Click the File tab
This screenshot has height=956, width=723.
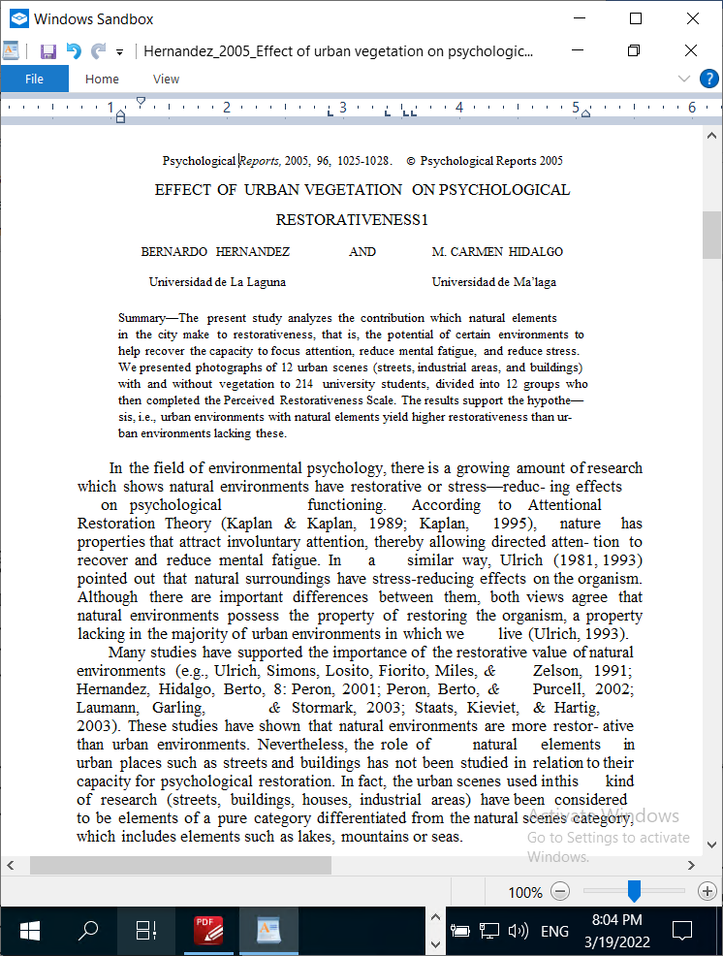click(34, 80)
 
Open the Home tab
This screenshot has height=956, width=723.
click(102, 80)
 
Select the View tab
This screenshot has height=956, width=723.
click(166, 80)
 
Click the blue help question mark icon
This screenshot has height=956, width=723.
click(708, 79)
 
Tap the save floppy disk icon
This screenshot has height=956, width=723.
click(47, 51)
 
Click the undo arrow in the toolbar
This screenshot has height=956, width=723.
click(73, 51)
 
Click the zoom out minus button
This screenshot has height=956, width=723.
click(560, 891)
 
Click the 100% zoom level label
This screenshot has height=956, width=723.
click(525, 892)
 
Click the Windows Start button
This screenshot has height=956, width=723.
click(30, 932)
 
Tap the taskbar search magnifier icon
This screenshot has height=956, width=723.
click(88, 932)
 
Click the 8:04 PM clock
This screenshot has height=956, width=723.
click(616, 919)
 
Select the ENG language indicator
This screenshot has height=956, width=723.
click(554, 932)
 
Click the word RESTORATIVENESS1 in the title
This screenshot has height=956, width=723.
click(352, 220)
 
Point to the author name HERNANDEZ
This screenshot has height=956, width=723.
click(253, 252)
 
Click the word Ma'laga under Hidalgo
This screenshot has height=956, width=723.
click(534, 282)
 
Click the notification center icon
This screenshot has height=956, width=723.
click(682, 932)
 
